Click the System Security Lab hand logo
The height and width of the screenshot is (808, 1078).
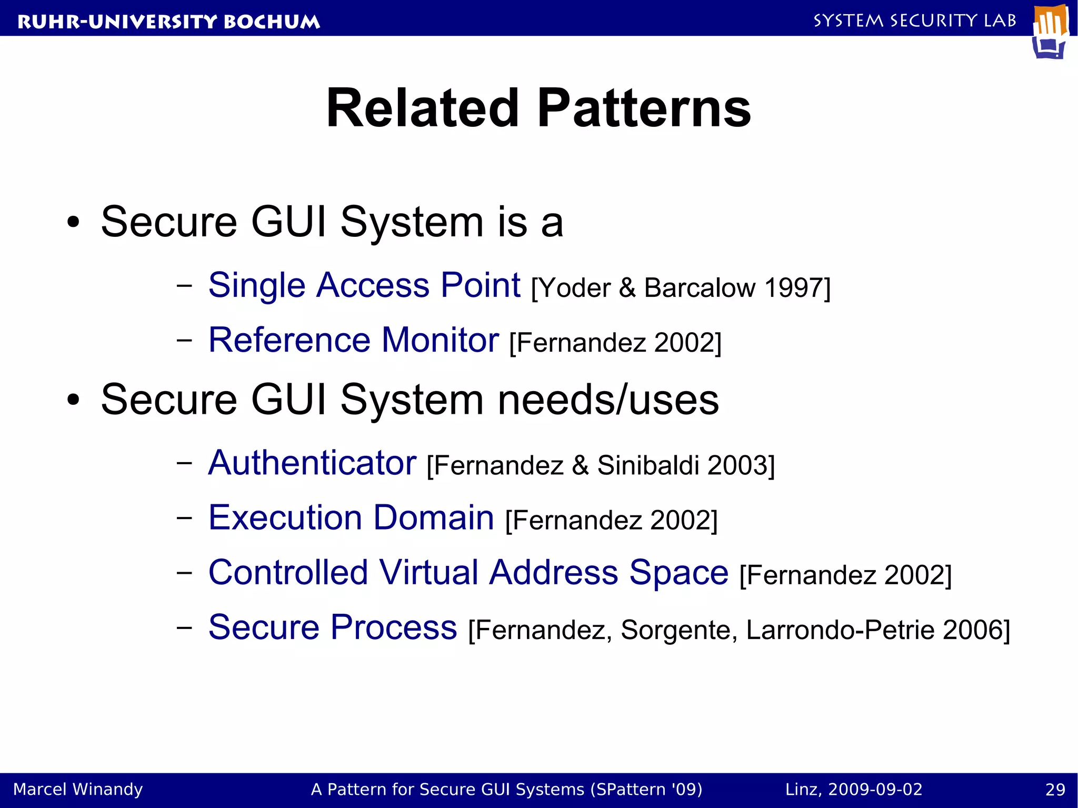pos(1051,32)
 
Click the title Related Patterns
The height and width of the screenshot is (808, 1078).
pos(538,108)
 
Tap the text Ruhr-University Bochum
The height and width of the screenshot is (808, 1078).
pos(168,22)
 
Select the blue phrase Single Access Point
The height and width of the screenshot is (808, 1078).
pos(364,285)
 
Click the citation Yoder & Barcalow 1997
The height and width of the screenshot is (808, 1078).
pos(681,288)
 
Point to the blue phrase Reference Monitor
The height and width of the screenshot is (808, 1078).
pos(353,340)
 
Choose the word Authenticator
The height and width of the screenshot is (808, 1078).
pos(312,463)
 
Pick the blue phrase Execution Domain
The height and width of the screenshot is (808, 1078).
pos(351,518)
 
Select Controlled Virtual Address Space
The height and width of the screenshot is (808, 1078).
pos(468,573)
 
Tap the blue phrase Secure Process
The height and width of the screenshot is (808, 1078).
pos(333,627)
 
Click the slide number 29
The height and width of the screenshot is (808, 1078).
pos(1055,790)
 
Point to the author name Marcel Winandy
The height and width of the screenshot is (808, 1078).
pos(78,790)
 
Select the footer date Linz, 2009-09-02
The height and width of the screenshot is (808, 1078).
pos(853,790)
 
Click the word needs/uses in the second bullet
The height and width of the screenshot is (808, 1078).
pos(608,400)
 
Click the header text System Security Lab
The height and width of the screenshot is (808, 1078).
pos(914,21)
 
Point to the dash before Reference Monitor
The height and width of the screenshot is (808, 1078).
pos(184,341)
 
